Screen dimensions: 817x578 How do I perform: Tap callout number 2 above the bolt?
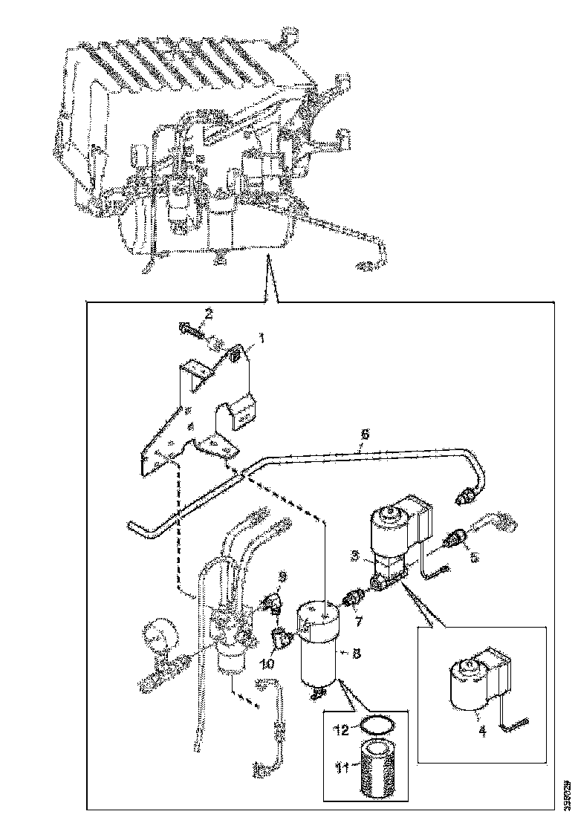pyautogui.click(x=210, y=314)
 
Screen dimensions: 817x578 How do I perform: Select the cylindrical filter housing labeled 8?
pyautogui.click(x=321, y=647)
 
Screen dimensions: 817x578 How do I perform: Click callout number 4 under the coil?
pyautogui.click(x=481, y=730)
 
